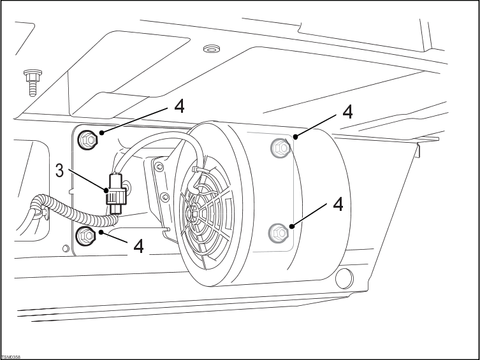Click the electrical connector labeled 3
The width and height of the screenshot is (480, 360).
coord(117,192)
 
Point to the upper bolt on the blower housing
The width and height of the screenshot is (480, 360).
coord(279,148)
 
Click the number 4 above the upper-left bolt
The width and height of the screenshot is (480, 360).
coord(180,106)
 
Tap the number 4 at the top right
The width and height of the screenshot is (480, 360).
coord(347,111)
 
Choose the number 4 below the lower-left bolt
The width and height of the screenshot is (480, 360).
coord(138,246)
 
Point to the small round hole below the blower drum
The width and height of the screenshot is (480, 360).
coord(345,277)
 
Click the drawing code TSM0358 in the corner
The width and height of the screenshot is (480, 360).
coord(11,357)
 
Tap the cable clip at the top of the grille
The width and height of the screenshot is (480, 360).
coord(197,169)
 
